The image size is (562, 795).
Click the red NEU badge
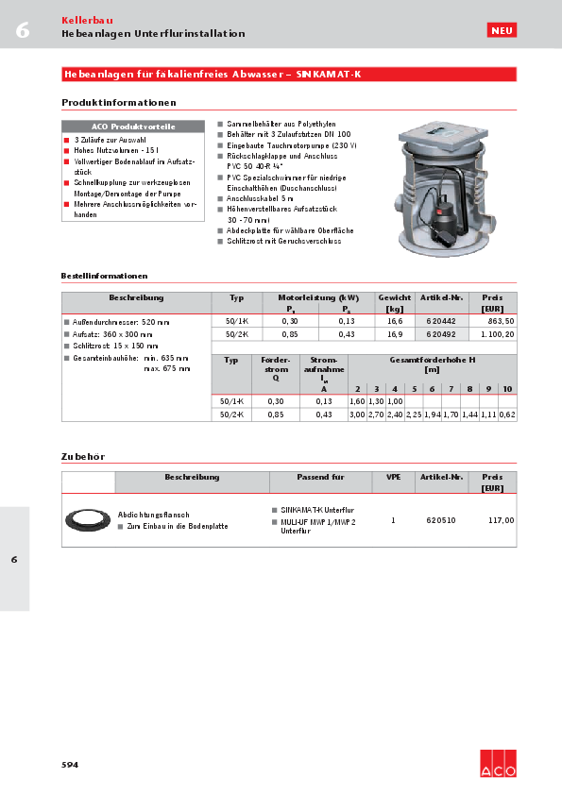[502, 31]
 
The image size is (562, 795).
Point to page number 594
[70, 764]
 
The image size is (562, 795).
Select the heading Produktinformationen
[119, 102]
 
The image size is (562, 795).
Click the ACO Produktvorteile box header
[133, 127]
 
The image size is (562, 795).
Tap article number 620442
[440, 322]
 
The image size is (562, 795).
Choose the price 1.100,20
[496, 334]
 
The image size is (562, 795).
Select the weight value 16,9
[395, 334]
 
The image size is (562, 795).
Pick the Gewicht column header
[395, 302]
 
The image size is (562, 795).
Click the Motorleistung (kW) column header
[317, 297]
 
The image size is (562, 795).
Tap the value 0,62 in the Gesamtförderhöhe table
[507, 414]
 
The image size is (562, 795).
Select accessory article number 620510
[440, 520]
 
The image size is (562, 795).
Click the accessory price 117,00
[501, 520]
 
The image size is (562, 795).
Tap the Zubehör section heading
[82, 457]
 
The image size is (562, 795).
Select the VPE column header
[393, 478]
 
